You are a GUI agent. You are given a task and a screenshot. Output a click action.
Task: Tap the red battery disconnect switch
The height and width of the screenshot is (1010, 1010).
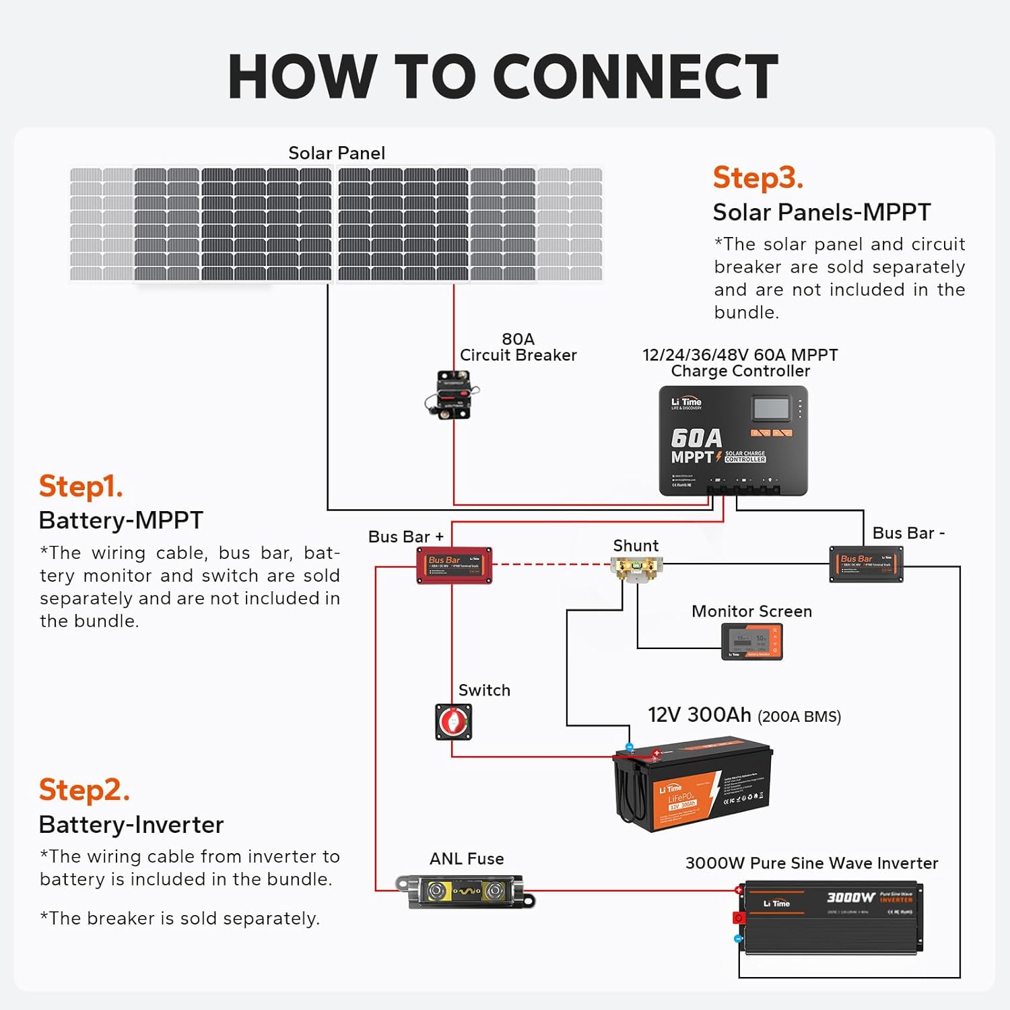tap(454, 722)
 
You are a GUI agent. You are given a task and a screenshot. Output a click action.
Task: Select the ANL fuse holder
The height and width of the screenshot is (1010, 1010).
tap(465, 891)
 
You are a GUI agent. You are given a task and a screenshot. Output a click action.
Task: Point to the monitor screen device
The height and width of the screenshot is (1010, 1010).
tap(752, 641)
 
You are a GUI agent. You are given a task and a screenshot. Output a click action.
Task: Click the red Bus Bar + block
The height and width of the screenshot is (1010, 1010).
tap(454, 565)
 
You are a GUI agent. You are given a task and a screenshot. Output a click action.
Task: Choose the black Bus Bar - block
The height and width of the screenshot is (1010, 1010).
tap(866, 564)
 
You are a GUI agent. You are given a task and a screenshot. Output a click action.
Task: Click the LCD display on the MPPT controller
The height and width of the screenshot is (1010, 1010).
tap(771, 408)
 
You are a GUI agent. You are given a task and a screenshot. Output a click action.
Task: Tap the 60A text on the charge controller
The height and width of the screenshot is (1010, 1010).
tap(696, 438)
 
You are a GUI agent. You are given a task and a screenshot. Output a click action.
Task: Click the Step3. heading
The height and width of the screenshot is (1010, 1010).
tap(757, 178)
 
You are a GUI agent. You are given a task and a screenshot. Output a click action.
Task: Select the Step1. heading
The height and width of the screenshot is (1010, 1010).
tap(81, 486)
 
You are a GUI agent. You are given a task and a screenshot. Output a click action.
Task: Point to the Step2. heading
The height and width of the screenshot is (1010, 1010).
tap(84, 790)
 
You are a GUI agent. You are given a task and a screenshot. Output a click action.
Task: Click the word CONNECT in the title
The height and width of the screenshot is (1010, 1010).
tap(636, 77)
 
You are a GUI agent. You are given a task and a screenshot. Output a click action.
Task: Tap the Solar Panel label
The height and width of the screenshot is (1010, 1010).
tap(337, 154)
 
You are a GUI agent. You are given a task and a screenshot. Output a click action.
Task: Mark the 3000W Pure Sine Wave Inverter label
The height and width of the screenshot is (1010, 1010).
tap(811, 863)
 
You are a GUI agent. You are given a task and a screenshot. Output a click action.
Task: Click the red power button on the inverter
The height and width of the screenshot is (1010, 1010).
tap(739, 918)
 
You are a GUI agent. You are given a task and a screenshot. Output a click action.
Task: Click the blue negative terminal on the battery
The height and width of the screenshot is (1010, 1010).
tap(630, 747)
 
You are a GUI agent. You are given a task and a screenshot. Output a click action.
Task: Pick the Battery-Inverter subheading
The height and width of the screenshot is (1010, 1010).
tap(131, 825)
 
